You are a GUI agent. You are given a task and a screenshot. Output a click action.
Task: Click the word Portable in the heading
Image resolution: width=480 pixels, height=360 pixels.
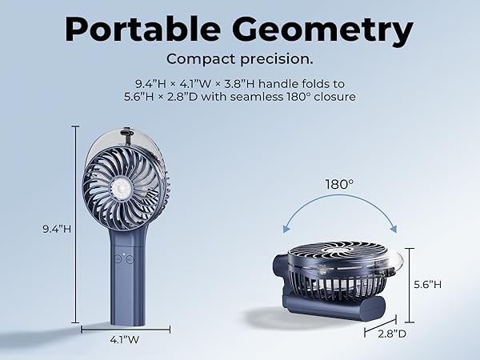(148, 30)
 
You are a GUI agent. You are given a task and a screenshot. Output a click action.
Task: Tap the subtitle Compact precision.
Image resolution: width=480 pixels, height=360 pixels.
(240, 58)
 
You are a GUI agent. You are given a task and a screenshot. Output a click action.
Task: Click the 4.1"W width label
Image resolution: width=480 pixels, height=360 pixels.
(126, 339)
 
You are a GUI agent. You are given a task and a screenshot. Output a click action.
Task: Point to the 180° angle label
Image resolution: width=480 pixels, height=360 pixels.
(338, 185)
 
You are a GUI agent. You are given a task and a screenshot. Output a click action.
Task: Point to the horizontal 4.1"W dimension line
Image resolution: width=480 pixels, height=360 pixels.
(126, 326)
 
